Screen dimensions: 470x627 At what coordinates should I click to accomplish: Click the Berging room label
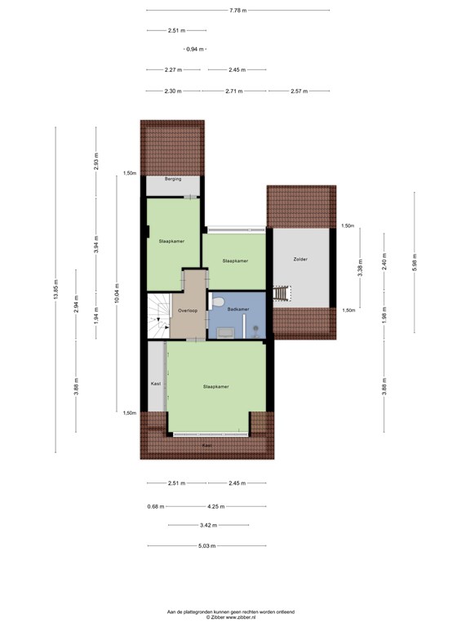tap(173, 179)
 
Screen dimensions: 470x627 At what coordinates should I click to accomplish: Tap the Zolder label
tap(300, 259)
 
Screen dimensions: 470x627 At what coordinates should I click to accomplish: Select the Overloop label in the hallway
tap(188, 310)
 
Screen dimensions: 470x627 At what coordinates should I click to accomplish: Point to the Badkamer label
tap(238, 309)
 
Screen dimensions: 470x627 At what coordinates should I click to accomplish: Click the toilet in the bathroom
tap(216, 302)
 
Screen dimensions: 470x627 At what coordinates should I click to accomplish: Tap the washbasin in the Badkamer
tap(226, 333)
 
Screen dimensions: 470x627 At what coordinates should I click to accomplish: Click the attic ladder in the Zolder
tap(282, 293)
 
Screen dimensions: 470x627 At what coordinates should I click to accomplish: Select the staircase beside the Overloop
tap(159, 316)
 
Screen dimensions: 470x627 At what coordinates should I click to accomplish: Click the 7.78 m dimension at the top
tap(237, 11)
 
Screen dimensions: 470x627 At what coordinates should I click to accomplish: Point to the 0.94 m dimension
tap(195, 49)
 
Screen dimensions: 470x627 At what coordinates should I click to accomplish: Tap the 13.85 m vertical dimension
tap(56, 289)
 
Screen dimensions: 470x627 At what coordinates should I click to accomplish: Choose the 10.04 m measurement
tap(117, 293)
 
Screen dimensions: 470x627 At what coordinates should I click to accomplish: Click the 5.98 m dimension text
tap(415, 262)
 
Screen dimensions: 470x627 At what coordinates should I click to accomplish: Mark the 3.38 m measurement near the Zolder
tap(360, 271)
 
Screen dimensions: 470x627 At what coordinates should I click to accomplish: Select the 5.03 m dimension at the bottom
tap(207, 545)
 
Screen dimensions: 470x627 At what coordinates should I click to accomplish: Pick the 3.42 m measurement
tap(209, 525)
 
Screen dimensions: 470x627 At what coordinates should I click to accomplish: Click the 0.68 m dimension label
tap(156, 506)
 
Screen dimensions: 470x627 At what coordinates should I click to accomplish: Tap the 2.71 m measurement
tap(234, 91)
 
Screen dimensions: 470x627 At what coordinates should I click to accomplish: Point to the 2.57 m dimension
tap(299, 91)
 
